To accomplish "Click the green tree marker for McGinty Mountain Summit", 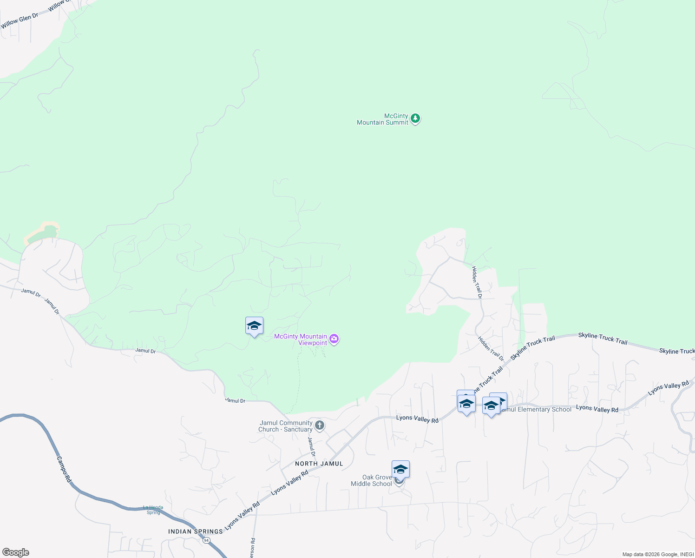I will [415, 119].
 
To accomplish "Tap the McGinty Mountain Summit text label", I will [382, 120].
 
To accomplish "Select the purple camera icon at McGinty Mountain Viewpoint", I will [334, 339].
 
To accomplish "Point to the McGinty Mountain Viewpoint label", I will [301, 339].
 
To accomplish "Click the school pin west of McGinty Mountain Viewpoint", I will [254, 326].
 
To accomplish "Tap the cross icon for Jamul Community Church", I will [319, 425].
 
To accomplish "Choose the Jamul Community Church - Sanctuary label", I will [285, 426].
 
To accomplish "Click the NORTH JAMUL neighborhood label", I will [319, 464].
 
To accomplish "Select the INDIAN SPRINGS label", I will [196, 531].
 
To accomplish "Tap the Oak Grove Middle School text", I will [371, 480].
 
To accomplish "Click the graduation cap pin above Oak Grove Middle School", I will [400, 469].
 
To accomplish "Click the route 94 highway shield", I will [206, 540].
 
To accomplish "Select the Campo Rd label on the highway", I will [64, 469].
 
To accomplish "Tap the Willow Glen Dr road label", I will [20, 21].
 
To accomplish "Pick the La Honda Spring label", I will [153, 510].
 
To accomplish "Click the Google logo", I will [16, 552].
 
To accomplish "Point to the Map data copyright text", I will [657, 554].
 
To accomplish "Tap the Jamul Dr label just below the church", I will [312, 446].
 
